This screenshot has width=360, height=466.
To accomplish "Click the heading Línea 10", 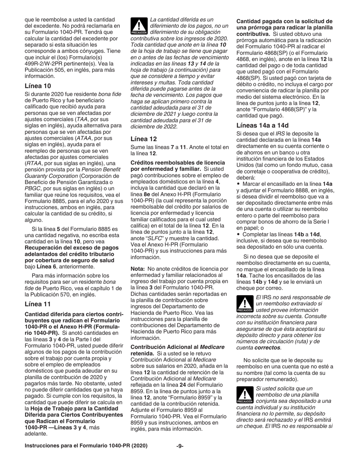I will tap(38, 86).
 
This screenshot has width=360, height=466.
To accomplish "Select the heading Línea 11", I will tap(38, 304).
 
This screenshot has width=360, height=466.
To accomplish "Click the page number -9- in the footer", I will tap(180, 446).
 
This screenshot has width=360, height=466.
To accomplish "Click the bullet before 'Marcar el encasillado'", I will tap(238, 184).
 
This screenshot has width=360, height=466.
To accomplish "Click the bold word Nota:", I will tap(139, 269).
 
